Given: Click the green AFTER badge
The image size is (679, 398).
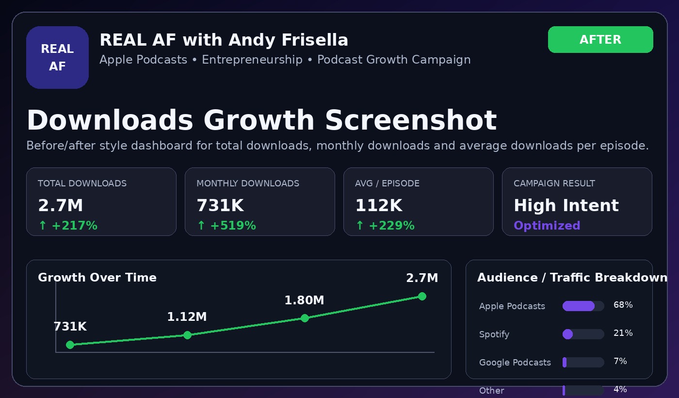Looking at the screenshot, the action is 600,39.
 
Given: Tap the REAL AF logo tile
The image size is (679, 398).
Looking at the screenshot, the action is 57,57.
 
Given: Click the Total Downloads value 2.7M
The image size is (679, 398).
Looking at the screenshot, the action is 60,205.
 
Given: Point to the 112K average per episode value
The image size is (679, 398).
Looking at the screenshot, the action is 379,205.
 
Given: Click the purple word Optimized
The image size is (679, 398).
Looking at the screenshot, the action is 547,225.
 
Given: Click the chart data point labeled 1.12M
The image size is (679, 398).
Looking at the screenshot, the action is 187,335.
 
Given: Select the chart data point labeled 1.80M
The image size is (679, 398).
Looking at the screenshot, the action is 305,318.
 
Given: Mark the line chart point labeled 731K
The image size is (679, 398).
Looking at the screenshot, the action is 70,345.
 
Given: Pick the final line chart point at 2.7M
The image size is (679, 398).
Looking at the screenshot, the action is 422,297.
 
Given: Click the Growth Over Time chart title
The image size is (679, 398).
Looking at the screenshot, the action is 97,278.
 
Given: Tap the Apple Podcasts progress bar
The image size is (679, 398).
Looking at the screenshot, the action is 583,306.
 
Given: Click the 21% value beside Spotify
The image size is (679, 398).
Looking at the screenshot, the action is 623,333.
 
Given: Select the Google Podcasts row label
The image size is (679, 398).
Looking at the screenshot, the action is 515,363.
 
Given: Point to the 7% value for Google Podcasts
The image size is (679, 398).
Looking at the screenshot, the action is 620,361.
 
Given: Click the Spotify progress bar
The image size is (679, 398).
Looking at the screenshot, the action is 583,334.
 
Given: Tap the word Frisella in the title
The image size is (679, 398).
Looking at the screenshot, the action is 315,40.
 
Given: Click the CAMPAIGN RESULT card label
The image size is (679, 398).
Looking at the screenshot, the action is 554,183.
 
